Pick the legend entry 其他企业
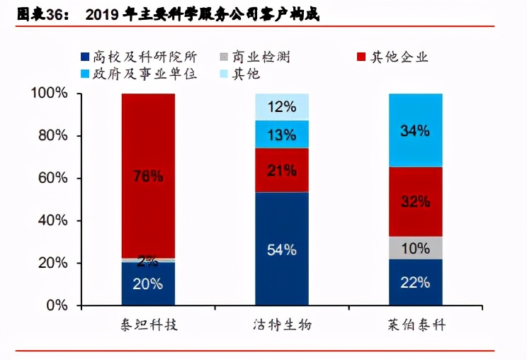click(396, 57)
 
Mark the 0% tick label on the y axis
click(57, 306)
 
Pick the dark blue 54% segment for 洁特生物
click(282, 249)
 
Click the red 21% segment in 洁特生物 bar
click(282, 170)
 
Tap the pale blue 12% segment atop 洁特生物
click(282, 107)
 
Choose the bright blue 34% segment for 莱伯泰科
click(416, 130)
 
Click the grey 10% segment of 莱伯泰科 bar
click(416, 248)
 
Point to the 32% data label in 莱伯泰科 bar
click(416, 202)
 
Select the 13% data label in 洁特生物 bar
click(282, 135)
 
